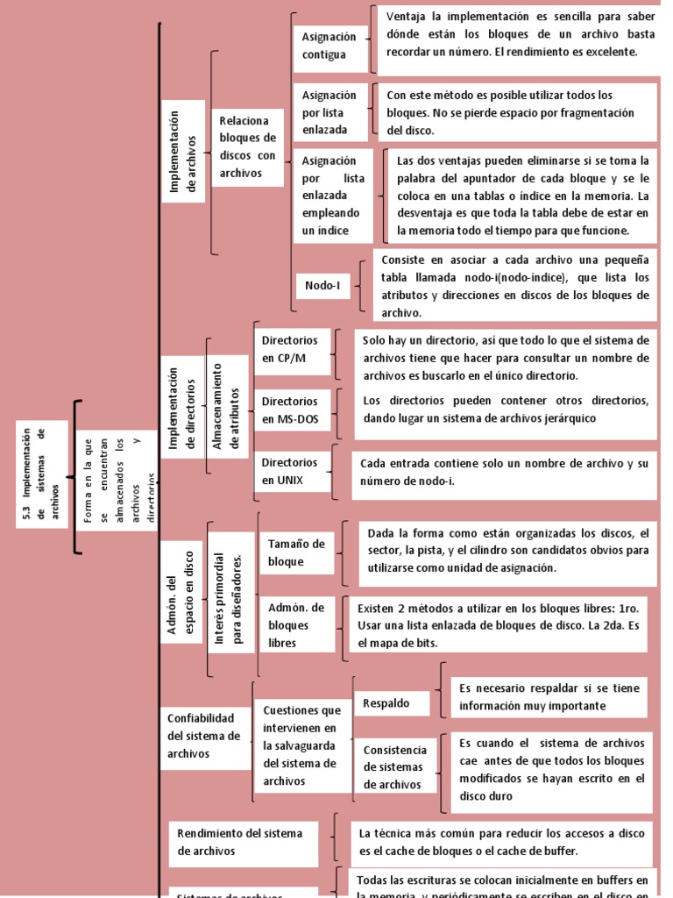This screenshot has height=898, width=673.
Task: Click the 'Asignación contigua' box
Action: [x=329, y=46]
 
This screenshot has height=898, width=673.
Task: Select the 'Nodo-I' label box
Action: [x=322, y=285]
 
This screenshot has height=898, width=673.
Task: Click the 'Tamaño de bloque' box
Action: [x=297, y=552]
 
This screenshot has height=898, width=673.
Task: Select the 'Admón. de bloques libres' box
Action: [x=297, y=624]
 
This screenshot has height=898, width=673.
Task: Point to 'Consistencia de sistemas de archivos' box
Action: [x=395, y=767]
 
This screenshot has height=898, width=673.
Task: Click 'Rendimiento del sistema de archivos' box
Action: [x=243, y=842]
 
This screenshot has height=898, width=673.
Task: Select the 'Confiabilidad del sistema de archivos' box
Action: [x=204, y=735]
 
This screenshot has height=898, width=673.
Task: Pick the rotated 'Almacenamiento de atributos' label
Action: [x=227, y=405]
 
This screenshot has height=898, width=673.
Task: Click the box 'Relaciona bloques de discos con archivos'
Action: [x=248, y=147]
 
